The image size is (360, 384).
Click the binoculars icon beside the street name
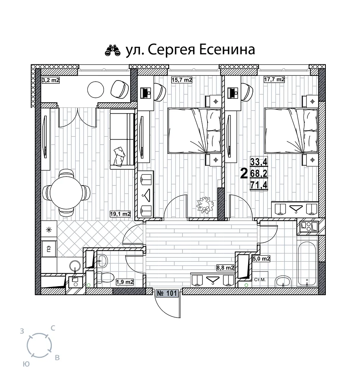(113, 50)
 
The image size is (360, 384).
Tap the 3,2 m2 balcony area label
(51, 80)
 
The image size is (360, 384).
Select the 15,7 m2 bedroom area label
(182, 79)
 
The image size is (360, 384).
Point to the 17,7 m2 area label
(274, 79)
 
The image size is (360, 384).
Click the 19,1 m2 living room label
(120, 214)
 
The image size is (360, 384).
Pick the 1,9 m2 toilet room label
(125, 282)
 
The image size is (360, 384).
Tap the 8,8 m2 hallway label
(225, 268)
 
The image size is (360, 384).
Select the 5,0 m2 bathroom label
(261, 259)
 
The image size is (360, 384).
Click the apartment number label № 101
(167, 293)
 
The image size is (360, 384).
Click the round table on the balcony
(96, 90)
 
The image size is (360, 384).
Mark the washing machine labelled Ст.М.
(260, 279)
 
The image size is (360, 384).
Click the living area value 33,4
(259, 162)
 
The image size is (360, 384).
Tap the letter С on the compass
(53, 328)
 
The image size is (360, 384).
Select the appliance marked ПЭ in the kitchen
(49, 249)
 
